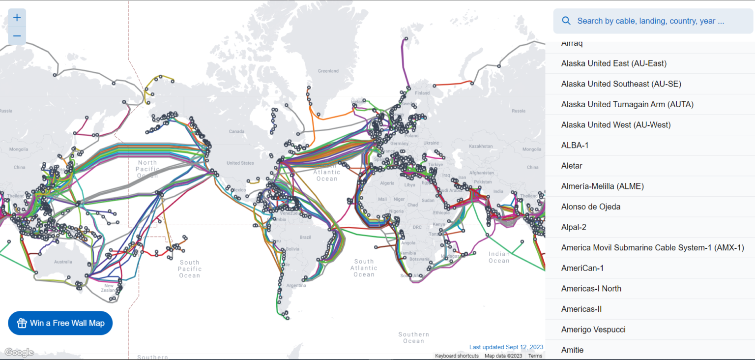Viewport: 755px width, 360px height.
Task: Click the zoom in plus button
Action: click(17, 18)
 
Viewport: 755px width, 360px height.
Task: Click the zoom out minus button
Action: click(17, 36)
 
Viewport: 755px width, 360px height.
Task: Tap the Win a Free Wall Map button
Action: click(60, 323)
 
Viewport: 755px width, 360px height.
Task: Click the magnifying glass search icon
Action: click(566, 21)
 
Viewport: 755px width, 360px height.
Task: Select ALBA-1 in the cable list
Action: click(575, 145)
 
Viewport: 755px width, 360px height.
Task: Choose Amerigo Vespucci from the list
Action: click(593, 330)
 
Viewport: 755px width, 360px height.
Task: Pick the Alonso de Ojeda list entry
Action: click(591, 207)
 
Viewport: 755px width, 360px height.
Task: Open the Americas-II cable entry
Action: click(581, 309)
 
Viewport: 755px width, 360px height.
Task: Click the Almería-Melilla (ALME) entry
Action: click(602, 186)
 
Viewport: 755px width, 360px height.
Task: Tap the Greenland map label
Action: click(328, 71)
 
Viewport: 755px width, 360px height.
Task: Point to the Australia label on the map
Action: click(63, 262)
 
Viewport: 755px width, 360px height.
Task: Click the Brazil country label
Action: click(305, 237)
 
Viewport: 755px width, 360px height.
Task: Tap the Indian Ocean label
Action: click(499, 257)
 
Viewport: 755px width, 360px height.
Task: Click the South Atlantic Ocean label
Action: click(364, 268)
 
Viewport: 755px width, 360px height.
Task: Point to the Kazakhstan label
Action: click(481, 146)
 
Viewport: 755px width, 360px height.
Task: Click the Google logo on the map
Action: click(19, 352)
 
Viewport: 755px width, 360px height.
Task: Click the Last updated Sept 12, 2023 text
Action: click(506, 347)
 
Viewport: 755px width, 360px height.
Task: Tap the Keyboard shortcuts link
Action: click(457, 356)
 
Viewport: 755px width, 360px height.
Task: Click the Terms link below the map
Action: click(535, 356)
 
